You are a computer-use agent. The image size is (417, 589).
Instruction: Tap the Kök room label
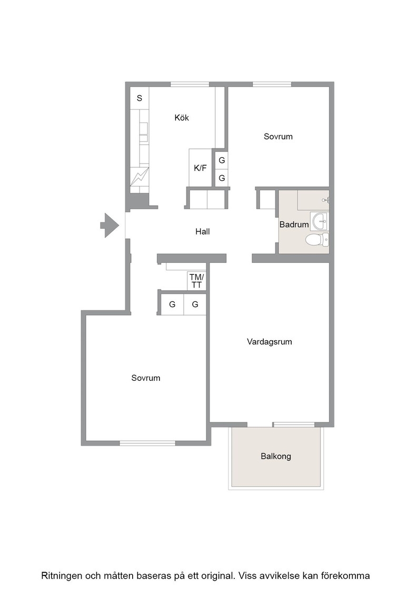click(182, 118)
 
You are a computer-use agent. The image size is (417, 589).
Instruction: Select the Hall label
click(202, 231)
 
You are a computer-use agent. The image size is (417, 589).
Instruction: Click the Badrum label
click(294, 225)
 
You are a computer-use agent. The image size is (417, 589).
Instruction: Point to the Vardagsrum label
click(269, 342)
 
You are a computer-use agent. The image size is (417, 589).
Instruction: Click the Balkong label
click(275, 456)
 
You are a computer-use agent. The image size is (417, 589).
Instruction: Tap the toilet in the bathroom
click(317, 239)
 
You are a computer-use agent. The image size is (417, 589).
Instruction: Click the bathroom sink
click(320, 221)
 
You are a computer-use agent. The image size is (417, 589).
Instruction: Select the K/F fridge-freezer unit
click(200, 168)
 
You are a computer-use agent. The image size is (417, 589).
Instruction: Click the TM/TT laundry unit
click(197, 281)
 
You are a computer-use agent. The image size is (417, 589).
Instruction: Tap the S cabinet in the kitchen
click(140, 98)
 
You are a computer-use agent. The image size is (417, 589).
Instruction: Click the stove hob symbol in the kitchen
click(140, 177)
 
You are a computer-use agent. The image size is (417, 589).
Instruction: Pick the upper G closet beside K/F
click(222, 160)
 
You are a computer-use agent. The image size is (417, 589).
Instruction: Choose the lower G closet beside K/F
click(222, 178)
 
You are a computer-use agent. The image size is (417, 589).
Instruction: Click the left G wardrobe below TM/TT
click(172, 304)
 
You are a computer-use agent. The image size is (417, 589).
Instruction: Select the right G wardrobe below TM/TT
click(195, 304)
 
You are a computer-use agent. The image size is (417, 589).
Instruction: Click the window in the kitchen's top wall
click(190, 84)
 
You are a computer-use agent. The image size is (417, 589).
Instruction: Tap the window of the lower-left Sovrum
click(147, 443)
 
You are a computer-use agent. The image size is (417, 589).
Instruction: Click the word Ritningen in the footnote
click(61, 576)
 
